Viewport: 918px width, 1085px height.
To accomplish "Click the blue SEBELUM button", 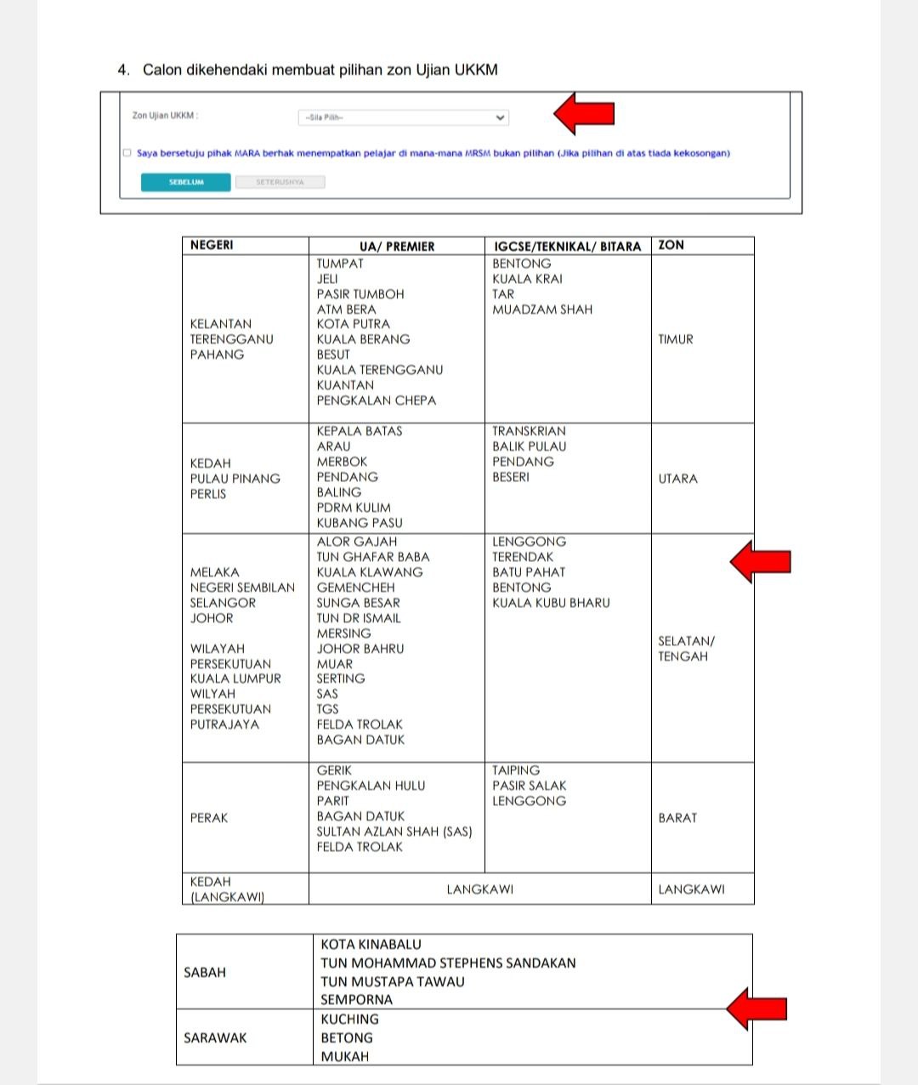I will click(x=185, y=182).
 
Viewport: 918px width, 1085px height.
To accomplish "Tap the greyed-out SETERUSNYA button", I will click(x=280, y=182).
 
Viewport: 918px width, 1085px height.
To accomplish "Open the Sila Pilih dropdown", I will click(x=403, y=117).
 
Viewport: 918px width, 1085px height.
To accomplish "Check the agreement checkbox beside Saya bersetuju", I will click(x=127, y=153).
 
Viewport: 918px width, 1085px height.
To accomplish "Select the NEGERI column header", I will click(x=212, y=245).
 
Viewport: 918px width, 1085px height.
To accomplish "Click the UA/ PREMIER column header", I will click(x=396, y=246).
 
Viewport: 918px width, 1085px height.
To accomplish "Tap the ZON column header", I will click(x=671, y=245).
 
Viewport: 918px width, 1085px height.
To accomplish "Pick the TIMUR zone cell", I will click(x=676, y=339).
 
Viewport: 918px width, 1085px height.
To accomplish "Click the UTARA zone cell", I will click(x=677, y=479).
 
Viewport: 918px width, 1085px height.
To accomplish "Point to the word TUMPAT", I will click(x=340, y=264).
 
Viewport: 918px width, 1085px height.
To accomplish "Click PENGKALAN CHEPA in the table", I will click(x=376, y=400).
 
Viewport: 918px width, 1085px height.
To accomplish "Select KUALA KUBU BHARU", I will click(x=551, y=603).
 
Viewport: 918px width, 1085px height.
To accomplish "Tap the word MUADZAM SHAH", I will click(x=542, y=310).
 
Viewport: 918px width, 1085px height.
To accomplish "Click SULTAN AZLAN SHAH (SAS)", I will click(x=394, y=832).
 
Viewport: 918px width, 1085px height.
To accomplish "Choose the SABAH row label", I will click(x=205, y=972).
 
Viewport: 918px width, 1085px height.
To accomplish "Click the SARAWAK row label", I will click(x=215, y=1037).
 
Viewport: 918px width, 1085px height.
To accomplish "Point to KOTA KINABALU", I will click(x=371, y=945).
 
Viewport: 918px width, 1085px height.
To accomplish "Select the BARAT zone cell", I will click(x=677, y=818).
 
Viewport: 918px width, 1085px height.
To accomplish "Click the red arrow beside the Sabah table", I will click(x=756, y=1008).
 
